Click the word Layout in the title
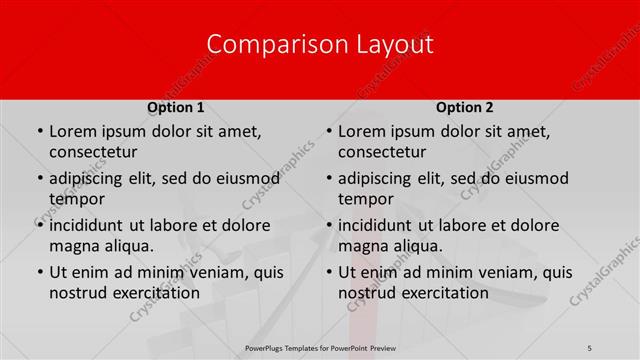(395, 45)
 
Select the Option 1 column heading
(176, 107)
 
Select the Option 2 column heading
(465, 107)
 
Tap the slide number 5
(590, 348)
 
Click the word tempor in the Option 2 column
(363, 199)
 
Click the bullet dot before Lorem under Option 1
(38, 132)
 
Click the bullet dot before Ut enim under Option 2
(327, 273)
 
